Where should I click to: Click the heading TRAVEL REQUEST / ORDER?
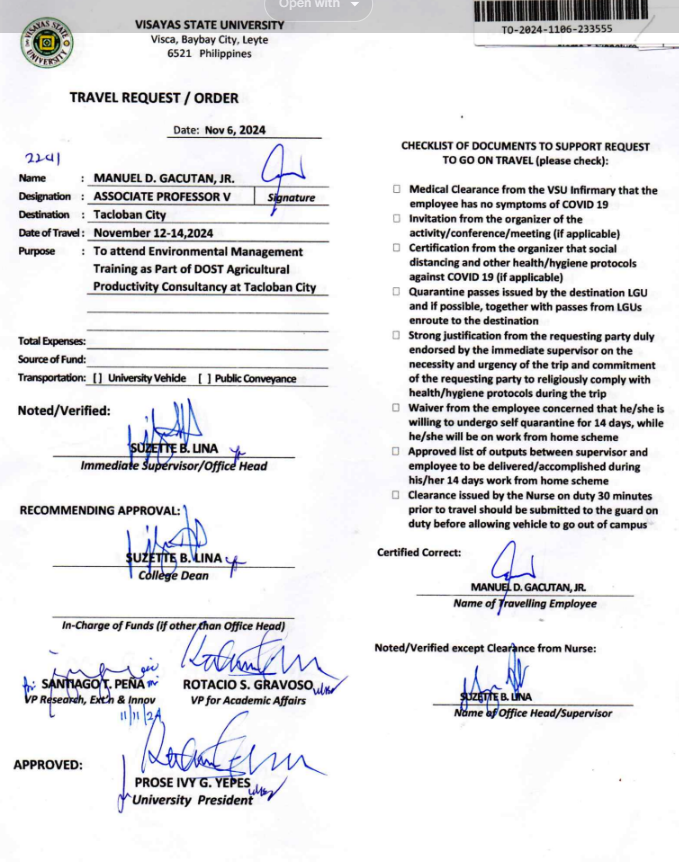(154, 98)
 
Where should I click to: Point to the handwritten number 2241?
(41, 159)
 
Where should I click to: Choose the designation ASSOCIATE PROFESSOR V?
(162, 197)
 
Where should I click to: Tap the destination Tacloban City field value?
(130, 215)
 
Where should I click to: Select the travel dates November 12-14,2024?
(154, 233)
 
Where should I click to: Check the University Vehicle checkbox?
(97, 379)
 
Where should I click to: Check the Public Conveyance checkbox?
(204, 379)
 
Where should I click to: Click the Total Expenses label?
(51, 342)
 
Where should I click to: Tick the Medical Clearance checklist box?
(397, 189)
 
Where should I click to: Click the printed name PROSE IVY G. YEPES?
(192, 784)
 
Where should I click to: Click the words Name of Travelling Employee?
(524, 603)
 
